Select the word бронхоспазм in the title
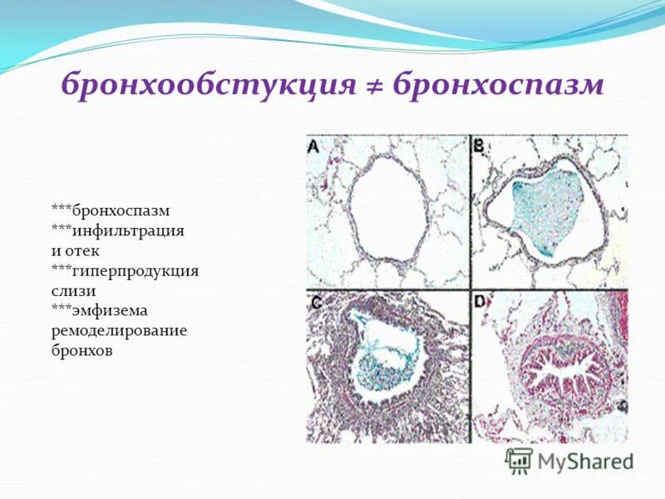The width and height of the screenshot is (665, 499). (496, 86)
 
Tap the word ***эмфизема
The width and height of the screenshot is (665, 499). (100, 310)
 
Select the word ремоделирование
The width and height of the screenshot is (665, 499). (119, 330)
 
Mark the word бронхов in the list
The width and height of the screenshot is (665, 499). (81, 350)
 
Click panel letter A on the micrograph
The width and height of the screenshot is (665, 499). (314, 146)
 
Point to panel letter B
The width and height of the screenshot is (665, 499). (479, 146)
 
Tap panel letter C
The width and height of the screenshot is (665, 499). (315, 304)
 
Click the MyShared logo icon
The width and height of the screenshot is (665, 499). (520, 461)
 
